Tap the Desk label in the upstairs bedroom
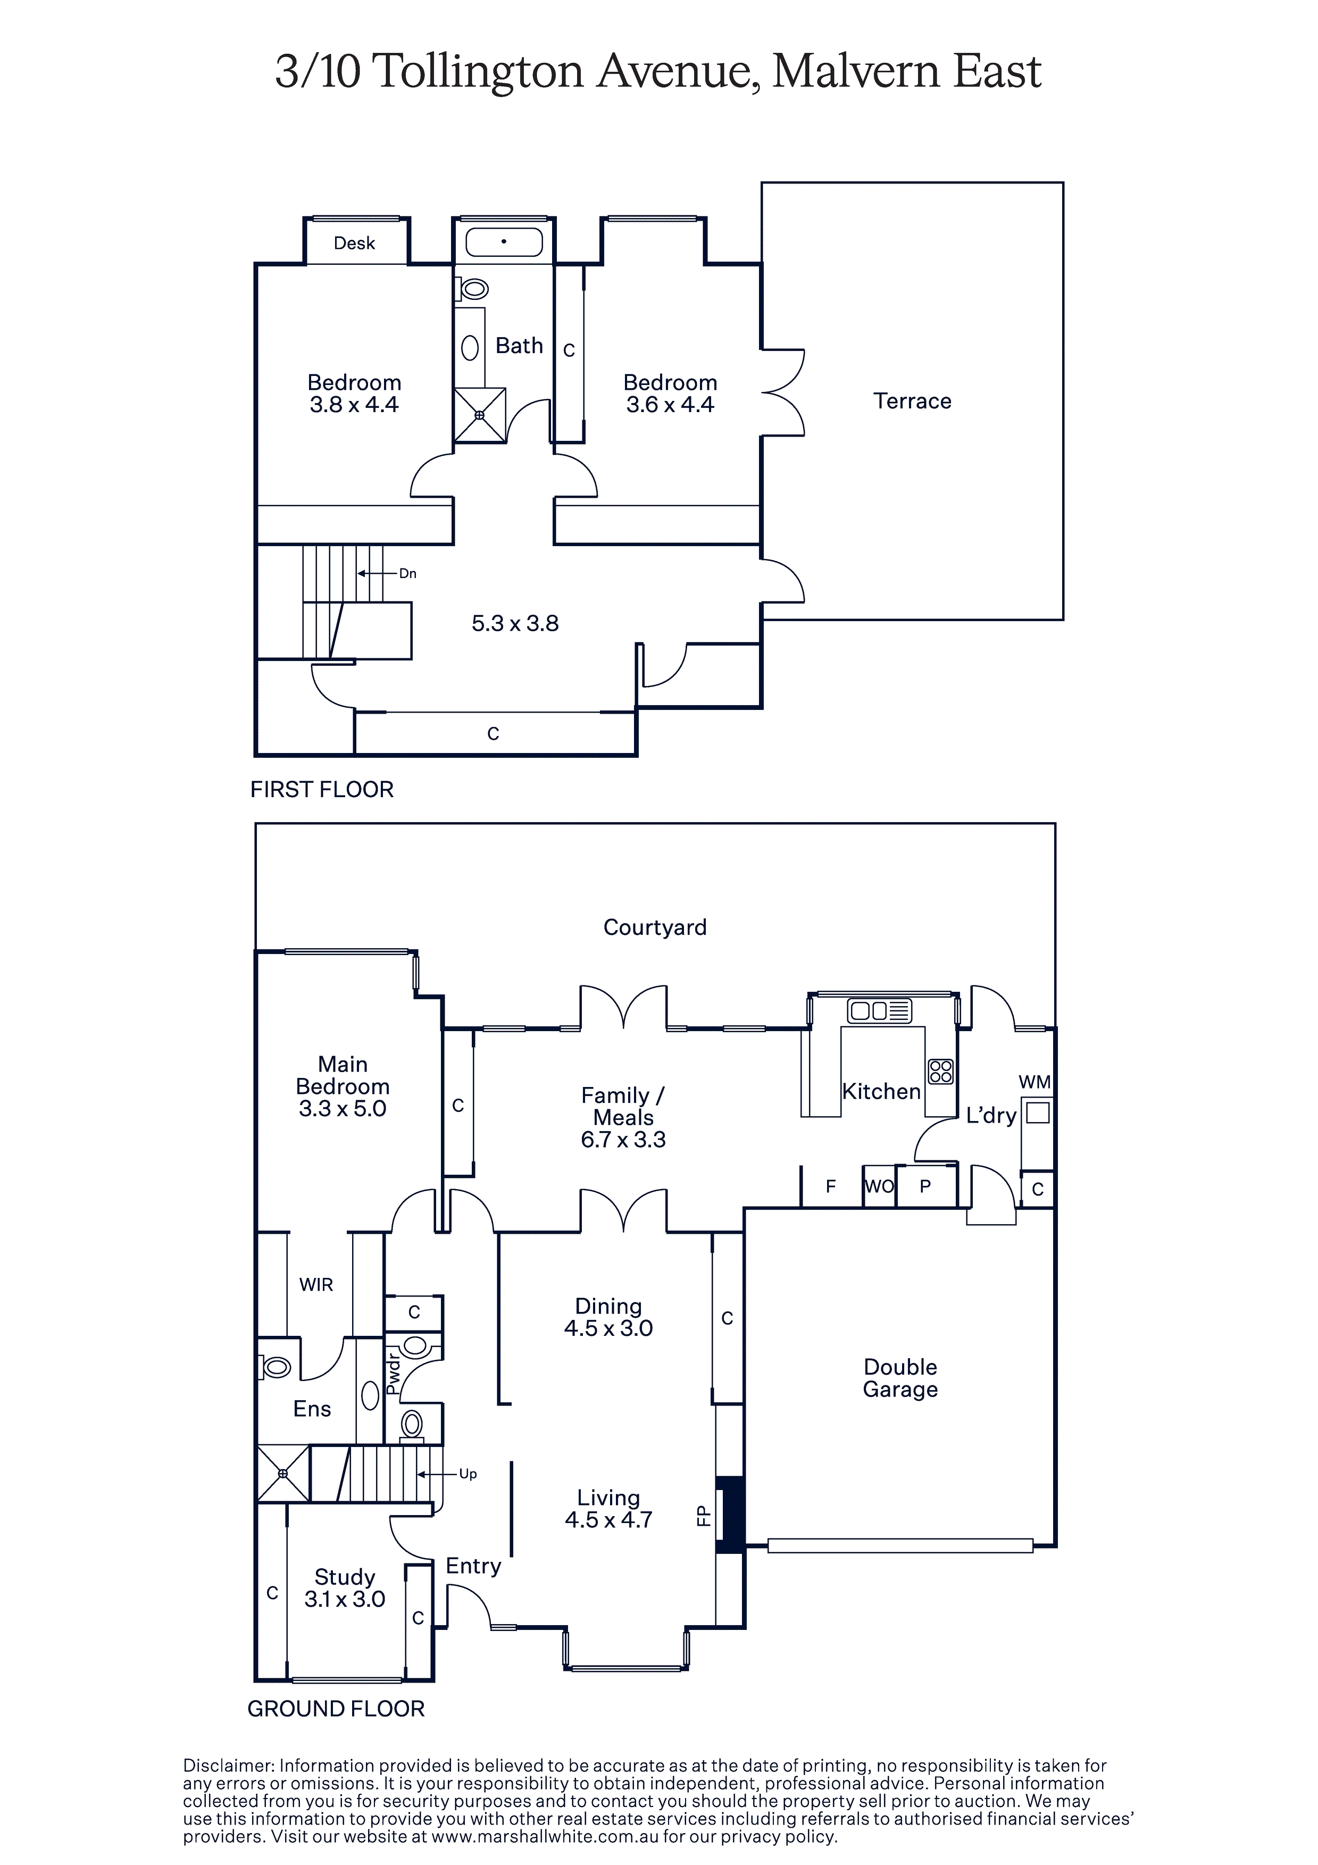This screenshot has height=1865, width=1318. click(x=354, y=243)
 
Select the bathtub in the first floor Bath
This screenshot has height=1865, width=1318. click(x=504, y=242)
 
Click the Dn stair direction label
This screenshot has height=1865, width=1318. click(x=408, y=573)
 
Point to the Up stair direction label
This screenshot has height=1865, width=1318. click(x=468, y=1474)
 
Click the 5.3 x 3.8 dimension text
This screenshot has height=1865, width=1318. click(x=515, y=624)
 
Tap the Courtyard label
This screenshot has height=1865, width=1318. click(x=655, y=927)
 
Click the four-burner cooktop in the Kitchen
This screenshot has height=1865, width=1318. click(x=940, y=1072)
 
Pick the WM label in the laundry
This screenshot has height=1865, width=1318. click(x=1035, y=1082)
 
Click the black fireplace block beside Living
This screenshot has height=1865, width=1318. click(x=730, y=1515)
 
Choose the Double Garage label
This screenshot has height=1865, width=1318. click(x=900, y=1378)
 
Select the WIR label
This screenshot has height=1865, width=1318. click(x=316, y=1285)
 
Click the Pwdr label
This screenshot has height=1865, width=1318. click(x=393, y=1373)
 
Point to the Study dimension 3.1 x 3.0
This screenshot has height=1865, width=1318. click(x=345, y=1600)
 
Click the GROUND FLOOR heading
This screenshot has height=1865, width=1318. click(x=336, y=1709)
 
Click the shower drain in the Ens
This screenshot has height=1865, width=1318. click(x=283, y=1474)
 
